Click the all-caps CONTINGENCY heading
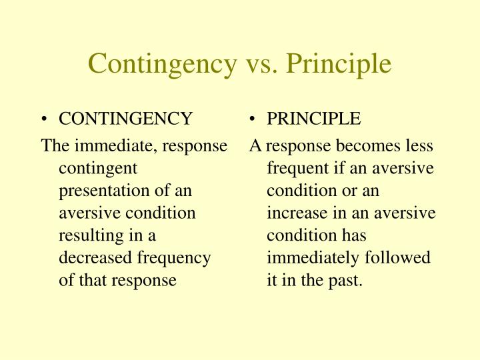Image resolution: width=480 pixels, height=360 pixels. (x=125, y=119)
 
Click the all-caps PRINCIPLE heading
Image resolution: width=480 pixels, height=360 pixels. (x=313, y=119)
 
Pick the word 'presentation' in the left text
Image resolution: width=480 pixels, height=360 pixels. (x=97, y=191)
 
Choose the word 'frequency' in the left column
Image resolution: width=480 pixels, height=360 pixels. (x=179, y=258)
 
